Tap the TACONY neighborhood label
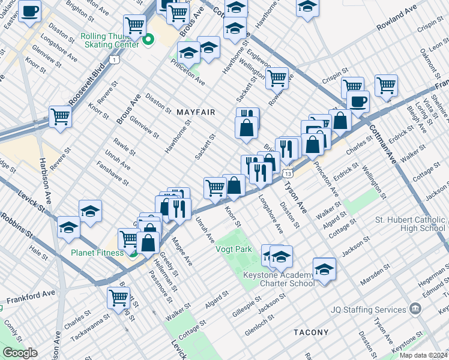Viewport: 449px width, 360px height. click(x=311, y=332)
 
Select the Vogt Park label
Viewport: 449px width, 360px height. click(x=234, y=248)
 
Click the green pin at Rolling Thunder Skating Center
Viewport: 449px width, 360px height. click(x=148, y=41)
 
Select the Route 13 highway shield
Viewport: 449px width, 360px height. click(x=288, y=173)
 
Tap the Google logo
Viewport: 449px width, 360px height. click(x=20, y=353)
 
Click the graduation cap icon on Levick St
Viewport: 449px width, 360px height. click(x=69, y=227)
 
